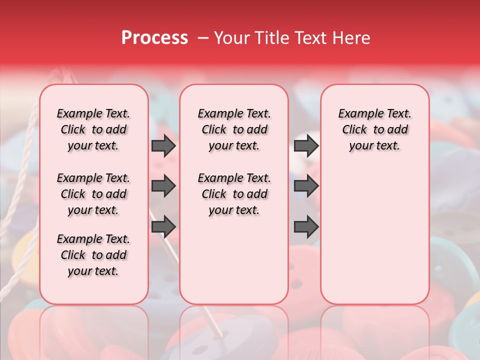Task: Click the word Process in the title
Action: [154, 38]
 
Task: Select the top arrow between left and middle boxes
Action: [163, 146]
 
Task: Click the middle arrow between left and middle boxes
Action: [163, 186]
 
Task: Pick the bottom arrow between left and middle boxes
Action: [163, 227]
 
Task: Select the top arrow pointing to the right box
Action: [306, 146]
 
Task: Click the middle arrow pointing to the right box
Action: [306, 186]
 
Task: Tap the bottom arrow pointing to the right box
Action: [306, 227]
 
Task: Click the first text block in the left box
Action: [93, 129]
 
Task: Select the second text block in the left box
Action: [93, 194]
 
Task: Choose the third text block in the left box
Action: [93, 255]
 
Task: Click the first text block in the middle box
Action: [234, 129]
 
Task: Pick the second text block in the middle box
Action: [234, 194]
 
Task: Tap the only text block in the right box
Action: [374, 129]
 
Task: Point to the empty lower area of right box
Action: [374, 235]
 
